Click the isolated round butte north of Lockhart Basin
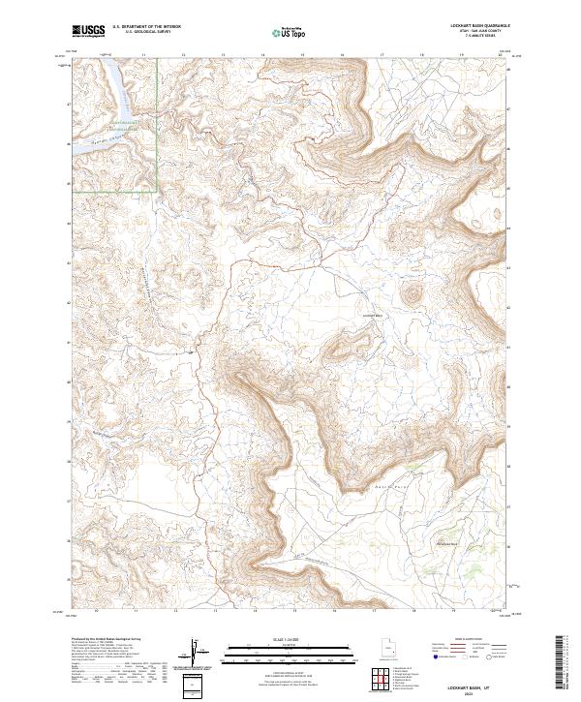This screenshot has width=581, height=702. point(413,293)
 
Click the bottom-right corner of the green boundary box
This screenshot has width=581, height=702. point(158,191)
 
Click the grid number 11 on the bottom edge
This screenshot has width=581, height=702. point(137,612)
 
